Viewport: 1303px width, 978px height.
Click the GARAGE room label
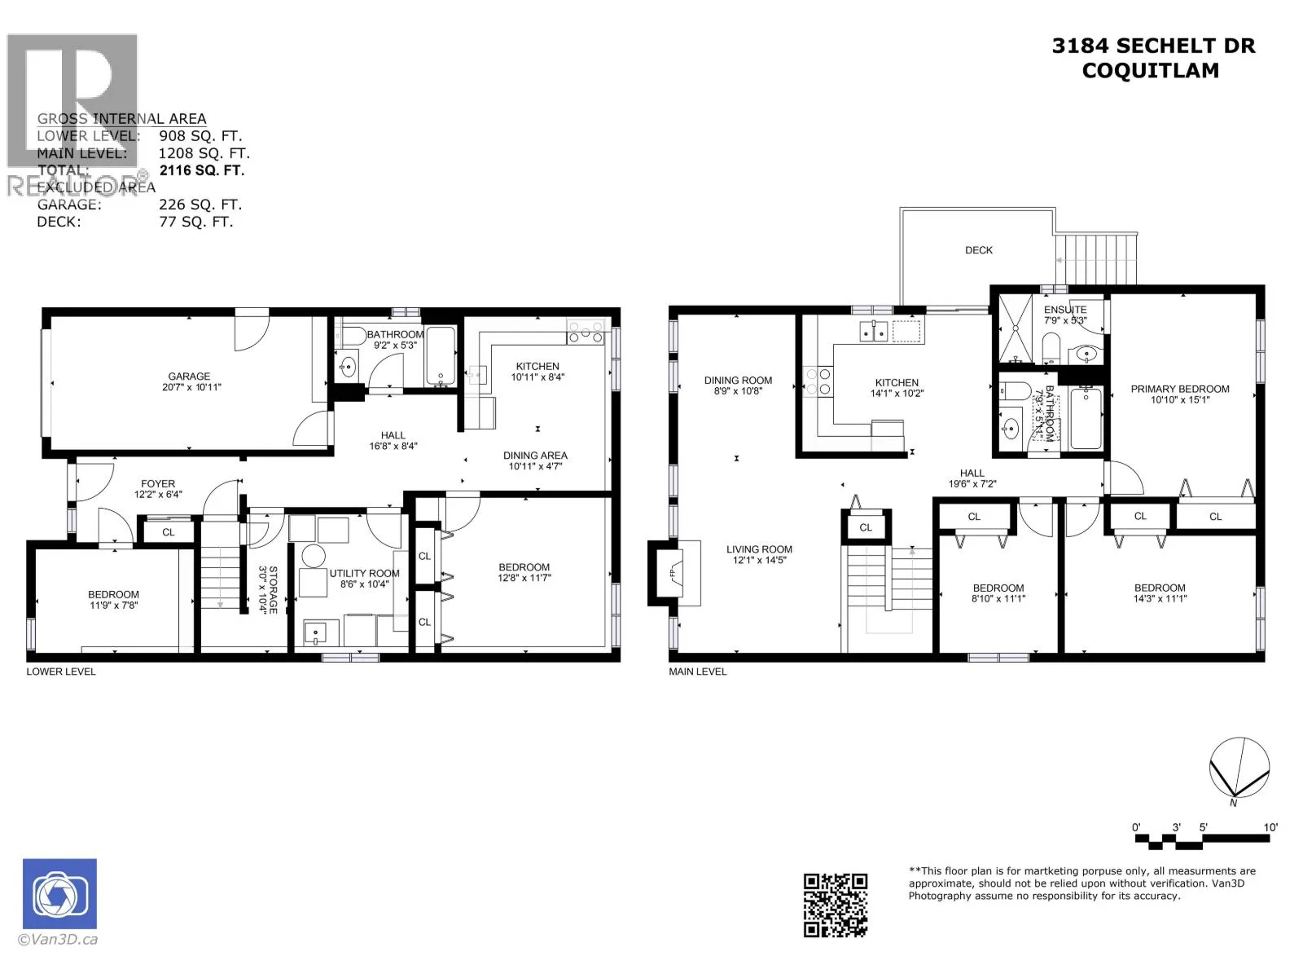pos(189,377)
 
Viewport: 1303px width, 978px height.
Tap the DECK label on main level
pos(978,250)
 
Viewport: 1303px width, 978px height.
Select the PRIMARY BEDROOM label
pos(1179,389)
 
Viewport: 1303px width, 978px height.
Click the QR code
pos(836,905)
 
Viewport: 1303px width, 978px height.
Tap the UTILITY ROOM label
pos(364,573)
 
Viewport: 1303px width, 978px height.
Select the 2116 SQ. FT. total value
pos(201,170)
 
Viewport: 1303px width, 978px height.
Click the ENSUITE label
pos(1064,310)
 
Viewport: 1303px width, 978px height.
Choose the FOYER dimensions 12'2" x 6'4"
pos(158,494)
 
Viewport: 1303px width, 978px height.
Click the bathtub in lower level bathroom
pos(441,357)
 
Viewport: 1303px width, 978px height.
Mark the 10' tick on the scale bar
pos(1270,827)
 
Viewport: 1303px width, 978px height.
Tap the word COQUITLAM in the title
pos(1150,71)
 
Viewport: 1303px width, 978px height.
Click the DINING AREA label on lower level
pos(535,456)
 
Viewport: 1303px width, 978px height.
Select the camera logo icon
pos(59,894)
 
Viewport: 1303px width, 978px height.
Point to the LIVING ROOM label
pos(759,549)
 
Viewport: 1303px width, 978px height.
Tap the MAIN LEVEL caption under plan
pos(697,672)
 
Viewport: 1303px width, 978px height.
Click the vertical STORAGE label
pos(273,589)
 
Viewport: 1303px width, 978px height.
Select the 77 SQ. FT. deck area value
pos(195,222)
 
